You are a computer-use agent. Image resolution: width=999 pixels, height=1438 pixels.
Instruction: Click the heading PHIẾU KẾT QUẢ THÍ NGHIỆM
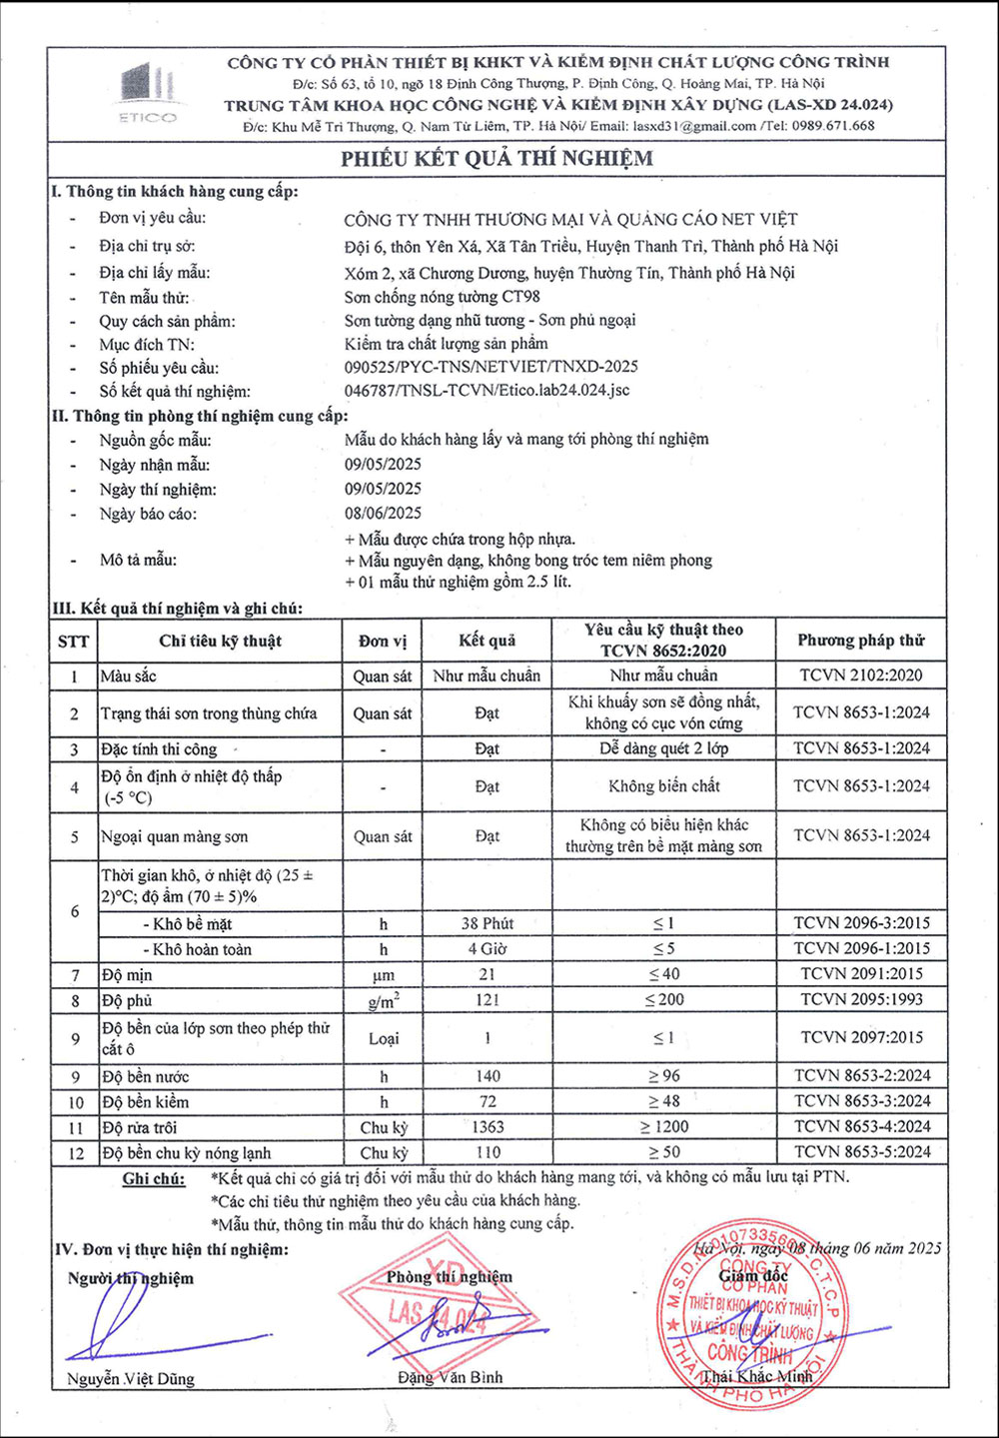(497, 158)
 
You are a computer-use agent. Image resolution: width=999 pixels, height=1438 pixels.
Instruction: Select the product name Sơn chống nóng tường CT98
(442, 297)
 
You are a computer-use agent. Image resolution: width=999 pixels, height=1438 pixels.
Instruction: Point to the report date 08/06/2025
(383, 514)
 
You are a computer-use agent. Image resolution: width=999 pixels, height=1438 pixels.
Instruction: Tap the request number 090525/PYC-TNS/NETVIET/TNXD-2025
(491, 367)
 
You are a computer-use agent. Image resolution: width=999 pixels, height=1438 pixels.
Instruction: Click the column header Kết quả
(487, 641)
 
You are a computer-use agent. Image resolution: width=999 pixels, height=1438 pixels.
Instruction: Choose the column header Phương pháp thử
(861, 641)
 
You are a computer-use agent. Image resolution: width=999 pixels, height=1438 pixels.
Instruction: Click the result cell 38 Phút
(487, 924)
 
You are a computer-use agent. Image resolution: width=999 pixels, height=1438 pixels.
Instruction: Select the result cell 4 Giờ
(487, 949)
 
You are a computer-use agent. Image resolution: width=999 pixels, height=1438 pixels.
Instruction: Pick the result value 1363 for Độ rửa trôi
(487, 1127)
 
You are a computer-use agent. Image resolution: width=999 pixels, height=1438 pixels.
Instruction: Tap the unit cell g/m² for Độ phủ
(383, 1000)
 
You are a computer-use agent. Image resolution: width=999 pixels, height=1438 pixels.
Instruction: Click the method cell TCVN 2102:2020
(861, 676)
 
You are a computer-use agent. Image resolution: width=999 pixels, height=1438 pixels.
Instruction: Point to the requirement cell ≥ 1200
(663, 1127)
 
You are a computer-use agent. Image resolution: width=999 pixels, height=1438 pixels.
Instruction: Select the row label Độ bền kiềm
(145, 1102)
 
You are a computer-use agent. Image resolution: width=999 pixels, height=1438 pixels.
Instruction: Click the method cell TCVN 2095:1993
(861, 999)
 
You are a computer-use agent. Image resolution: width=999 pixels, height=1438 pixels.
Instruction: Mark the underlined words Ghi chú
(154, 1179)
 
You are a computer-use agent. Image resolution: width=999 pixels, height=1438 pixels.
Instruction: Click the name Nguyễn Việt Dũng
(131, 1379)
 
